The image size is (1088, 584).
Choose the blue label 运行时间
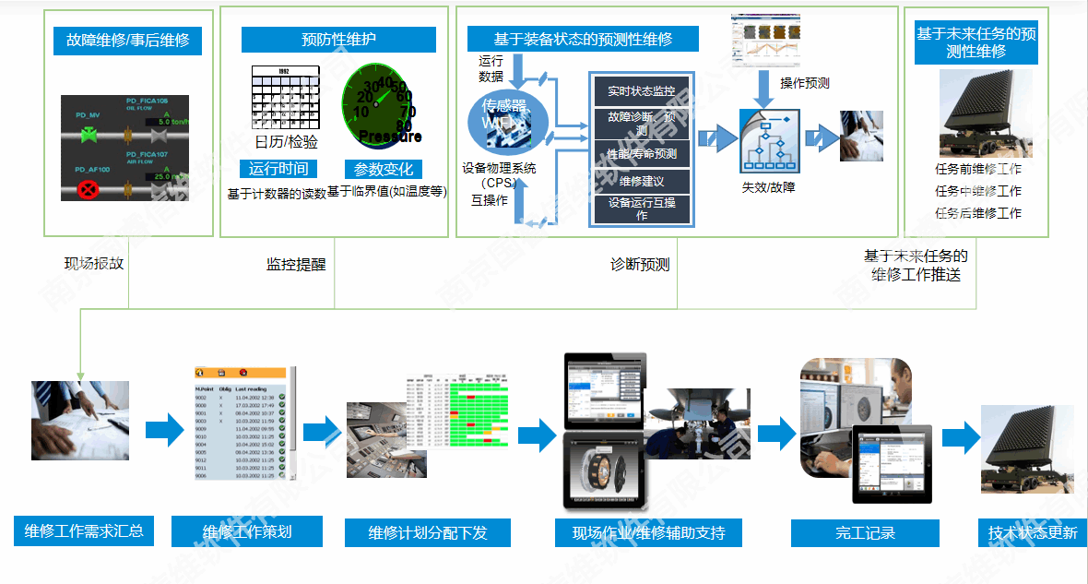point(278,169)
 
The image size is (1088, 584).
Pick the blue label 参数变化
point(384,169)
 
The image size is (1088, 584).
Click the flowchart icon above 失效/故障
point(768,141)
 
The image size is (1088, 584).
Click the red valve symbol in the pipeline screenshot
point(89,191)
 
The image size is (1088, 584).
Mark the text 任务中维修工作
point(977,191)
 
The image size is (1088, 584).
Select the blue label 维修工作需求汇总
point(84,530)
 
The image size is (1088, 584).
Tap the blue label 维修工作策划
point(247,531)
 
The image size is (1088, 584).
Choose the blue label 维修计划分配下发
point(427,532)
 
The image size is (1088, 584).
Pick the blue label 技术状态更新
point(1032,532)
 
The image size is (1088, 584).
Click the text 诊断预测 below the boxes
point(640,265)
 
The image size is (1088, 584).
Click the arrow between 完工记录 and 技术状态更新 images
point(960,438)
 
